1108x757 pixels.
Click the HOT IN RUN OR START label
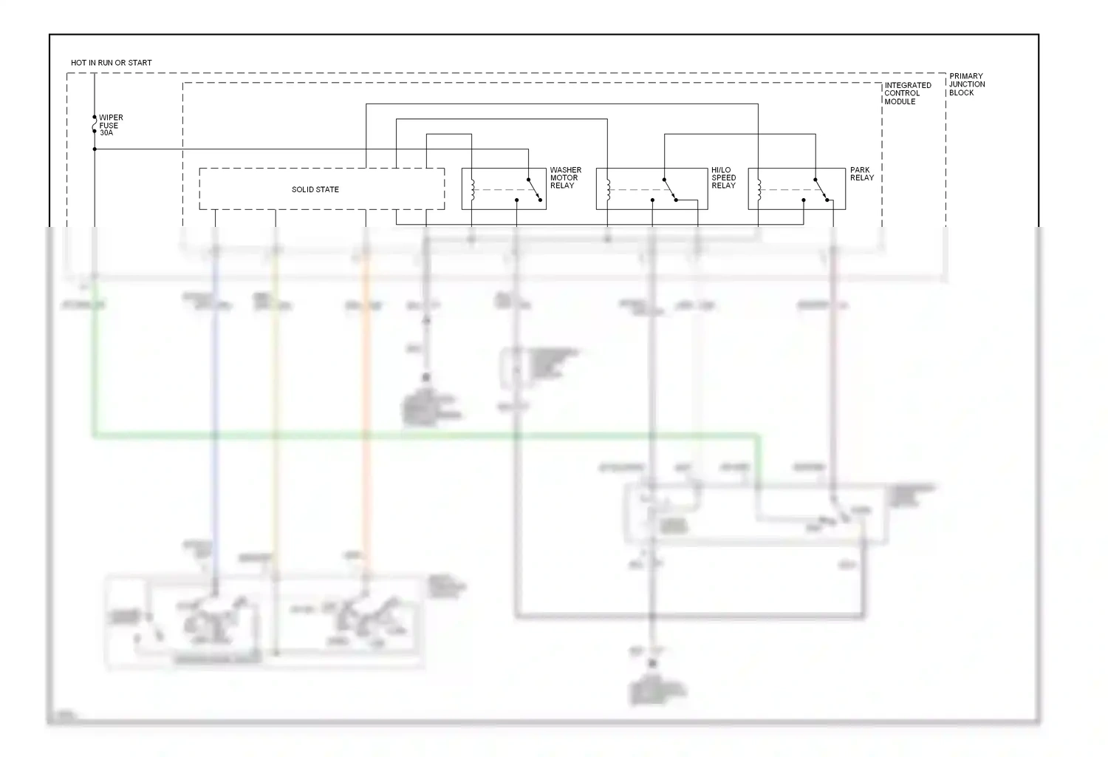(x=111, y=63)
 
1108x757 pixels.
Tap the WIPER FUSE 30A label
(x=111, y=125)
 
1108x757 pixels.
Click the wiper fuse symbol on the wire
(x=95, y=125)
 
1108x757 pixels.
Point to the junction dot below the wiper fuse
(x=95, y=149)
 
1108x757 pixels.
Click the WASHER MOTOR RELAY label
(x=565, y=177)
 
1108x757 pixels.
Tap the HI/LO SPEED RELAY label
(x=723, y=177)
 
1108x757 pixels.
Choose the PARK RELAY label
(x=861, y=174)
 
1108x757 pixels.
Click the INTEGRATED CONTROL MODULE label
(x=907, y=93)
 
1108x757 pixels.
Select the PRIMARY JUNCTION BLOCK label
(x=966, y=84)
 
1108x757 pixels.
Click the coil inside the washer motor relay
(x=473, y=189)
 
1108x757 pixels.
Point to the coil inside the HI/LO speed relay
(x=607, y=189)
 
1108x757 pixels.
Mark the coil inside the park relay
(x=759, y=189)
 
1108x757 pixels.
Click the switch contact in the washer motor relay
(x=534, y=189)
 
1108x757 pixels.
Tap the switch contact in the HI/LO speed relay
(x=670, y=189)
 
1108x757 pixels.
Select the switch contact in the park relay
(x=821, y=189)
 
